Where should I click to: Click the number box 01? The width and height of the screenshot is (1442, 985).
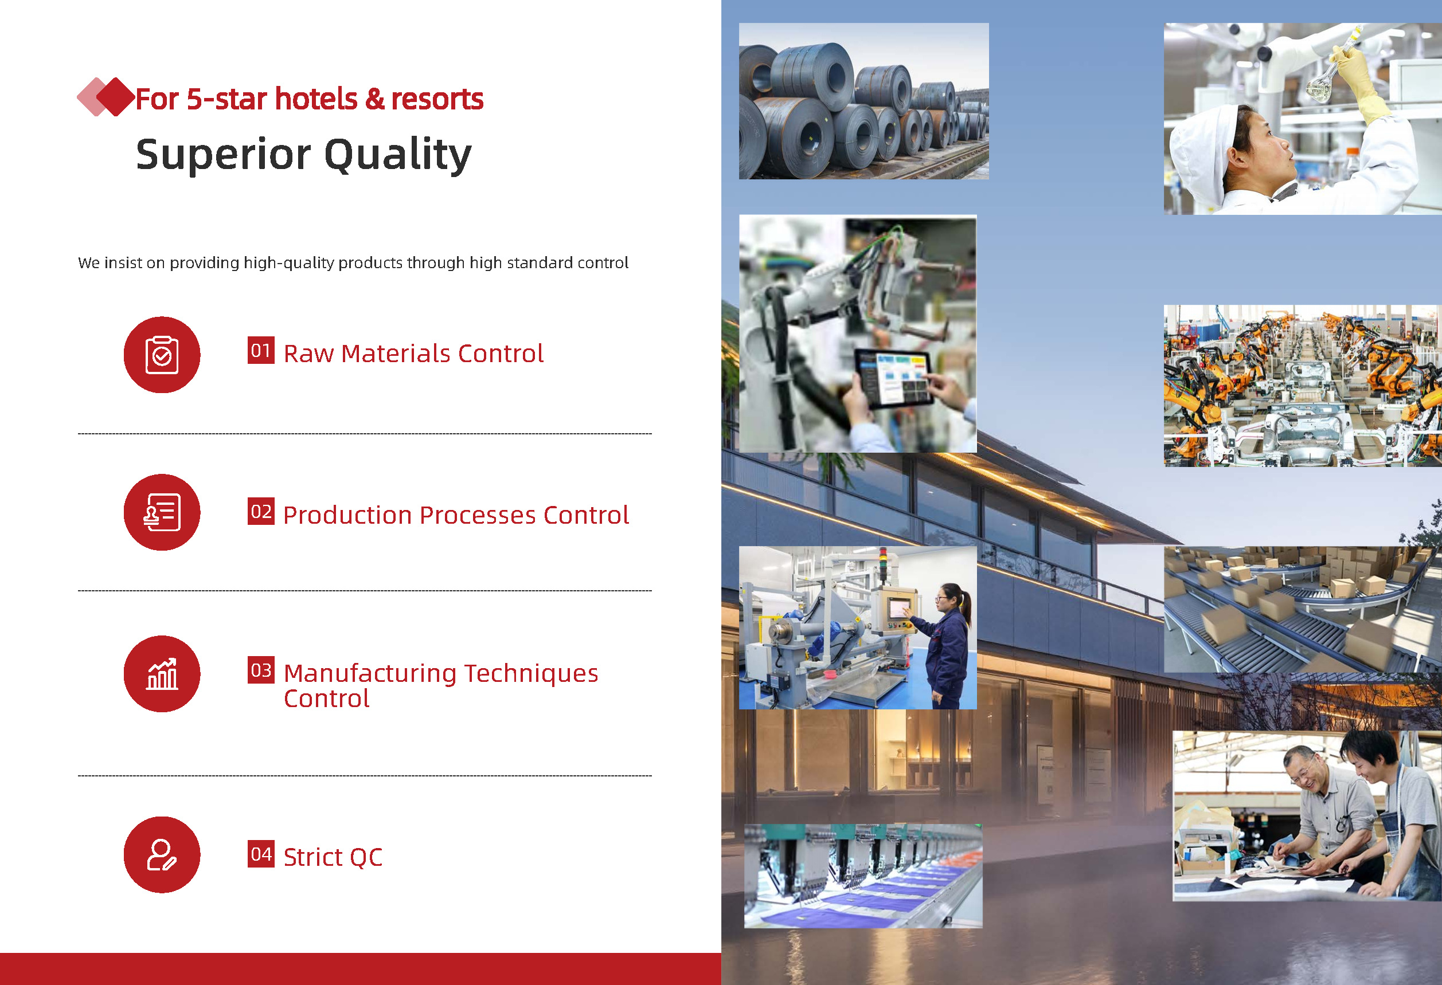tap(261, 351)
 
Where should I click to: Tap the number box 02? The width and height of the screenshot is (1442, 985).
tap(261, 512)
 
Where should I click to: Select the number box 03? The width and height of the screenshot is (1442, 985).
tap(261, 670)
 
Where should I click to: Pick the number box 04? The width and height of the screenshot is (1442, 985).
tap(261, 854)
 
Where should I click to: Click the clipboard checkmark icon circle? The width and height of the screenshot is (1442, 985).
tap(162, 355)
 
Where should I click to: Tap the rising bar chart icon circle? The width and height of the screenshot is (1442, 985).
tap(162, 674)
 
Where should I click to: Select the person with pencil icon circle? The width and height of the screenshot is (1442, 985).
tap(162, 855)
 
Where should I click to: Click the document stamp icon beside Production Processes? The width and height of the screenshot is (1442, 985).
tap(162, 512)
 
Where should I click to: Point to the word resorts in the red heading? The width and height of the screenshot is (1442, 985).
tap(437, 99)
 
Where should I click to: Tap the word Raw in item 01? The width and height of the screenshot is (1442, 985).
tap(309, 354)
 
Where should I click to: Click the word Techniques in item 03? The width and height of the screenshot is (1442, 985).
tap(531, 674)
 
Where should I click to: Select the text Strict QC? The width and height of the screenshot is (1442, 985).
tap(333, 857)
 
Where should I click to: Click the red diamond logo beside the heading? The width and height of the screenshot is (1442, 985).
tap(106, 97)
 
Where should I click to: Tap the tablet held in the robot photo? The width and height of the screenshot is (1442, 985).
tap(893, 378)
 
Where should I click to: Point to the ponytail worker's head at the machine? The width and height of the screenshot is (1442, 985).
tap(953, 597)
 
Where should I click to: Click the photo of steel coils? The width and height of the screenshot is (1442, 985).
tap(863, 101)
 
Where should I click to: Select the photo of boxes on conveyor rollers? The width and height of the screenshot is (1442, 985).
tap(1303, 609)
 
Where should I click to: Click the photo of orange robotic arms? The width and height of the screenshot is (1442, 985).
tap(1303, 386)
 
